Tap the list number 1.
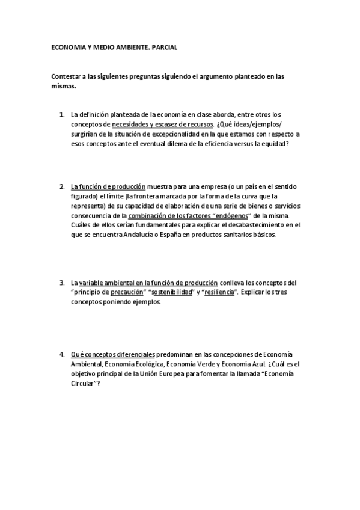coord(61,114)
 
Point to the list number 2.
coord(61,186)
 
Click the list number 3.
coord(61,283)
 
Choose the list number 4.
coord(61,355)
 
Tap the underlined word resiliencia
coord(219,292)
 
